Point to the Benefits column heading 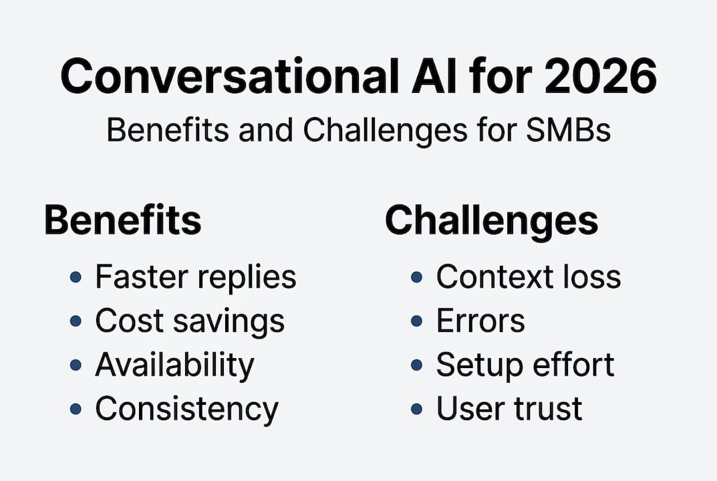(122, 220)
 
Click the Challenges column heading (491, 220)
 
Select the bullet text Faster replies (195, 277)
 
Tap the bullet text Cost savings (190, 321)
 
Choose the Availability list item (174, 365)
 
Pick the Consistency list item (186, 409)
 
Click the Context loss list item (529, 277)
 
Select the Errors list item (480, 321)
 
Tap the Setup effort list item (525, 365)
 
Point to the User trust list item (509, 409)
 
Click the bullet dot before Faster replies (76, 277)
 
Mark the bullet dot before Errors (417, 321)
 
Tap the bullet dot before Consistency (76, 409)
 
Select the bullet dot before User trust (417, 409)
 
